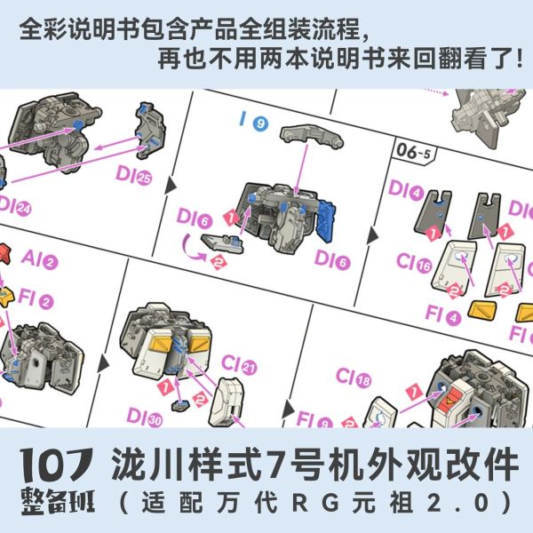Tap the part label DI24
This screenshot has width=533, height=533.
[16, 207]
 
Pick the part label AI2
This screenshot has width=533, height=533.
[39, 261]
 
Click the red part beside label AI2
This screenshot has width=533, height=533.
[7, 258]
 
